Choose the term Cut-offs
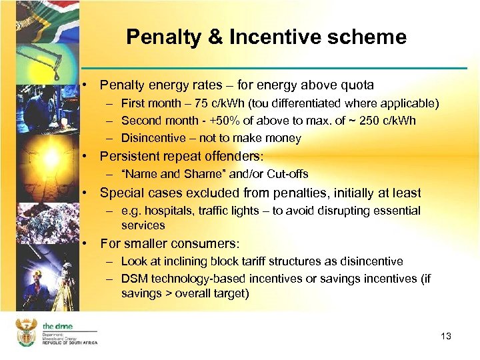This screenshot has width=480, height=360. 287,175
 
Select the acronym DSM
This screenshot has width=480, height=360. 134,279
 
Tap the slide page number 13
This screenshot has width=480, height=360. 446,336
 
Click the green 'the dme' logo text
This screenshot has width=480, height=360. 57,326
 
